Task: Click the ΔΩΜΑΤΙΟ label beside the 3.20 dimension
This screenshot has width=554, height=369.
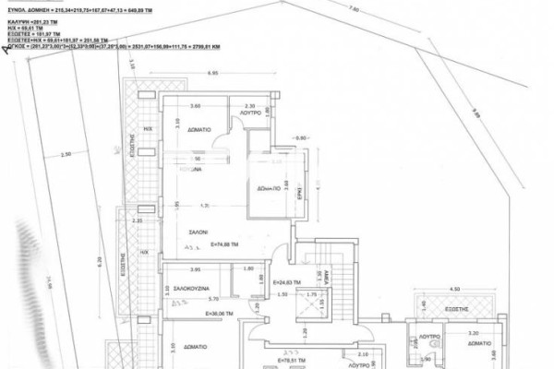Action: tap(478, 340)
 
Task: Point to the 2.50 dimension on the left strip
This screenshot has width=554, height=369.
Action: tap(65, 154)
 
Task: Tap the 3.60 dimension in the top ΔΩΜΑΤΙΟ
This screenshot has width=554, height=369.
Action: tap(195, 106)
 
